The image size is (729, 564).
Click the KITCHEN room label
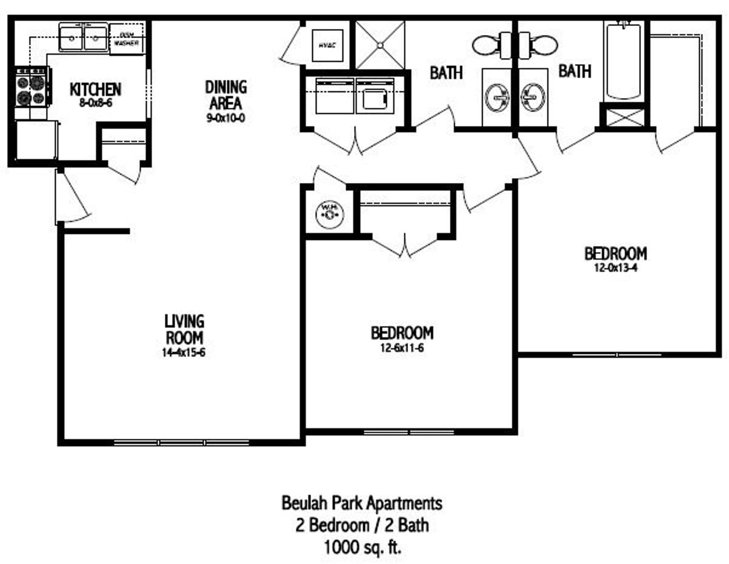95,90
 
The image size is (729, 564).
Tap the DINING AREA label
226,95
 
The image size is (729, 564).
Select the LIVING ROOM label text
184,329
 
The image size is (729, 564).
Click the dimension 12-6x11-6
402,348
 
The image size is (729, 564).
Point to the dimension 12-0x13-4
615,268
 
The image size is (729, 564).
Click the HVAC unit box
327,45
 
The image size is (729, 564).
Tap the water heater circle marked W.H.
330,214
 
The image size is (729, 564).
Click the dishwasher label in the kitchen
126,39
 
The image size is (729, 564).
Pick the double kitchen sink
83,37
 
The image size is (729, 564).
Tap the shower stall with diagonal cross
380,45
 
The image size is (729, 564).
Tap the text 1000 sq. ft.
362,547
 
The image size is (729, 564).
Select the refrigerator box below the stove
36,140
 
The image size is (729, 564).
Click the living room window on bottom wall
182,443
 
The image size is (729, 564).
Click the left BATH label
446,73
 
